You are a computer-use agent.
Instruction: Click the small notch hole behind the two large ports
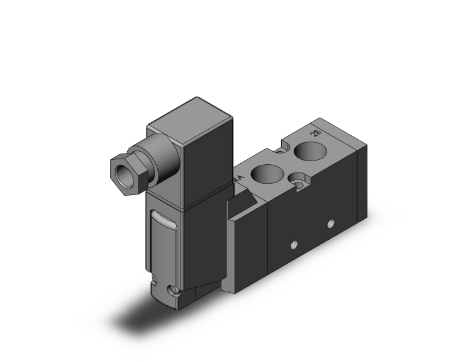(276, 150)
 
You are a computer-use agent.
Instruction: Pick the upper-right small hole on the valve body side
(330, 224)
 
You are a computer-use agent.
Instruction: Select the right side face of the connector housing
(207, 157)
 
